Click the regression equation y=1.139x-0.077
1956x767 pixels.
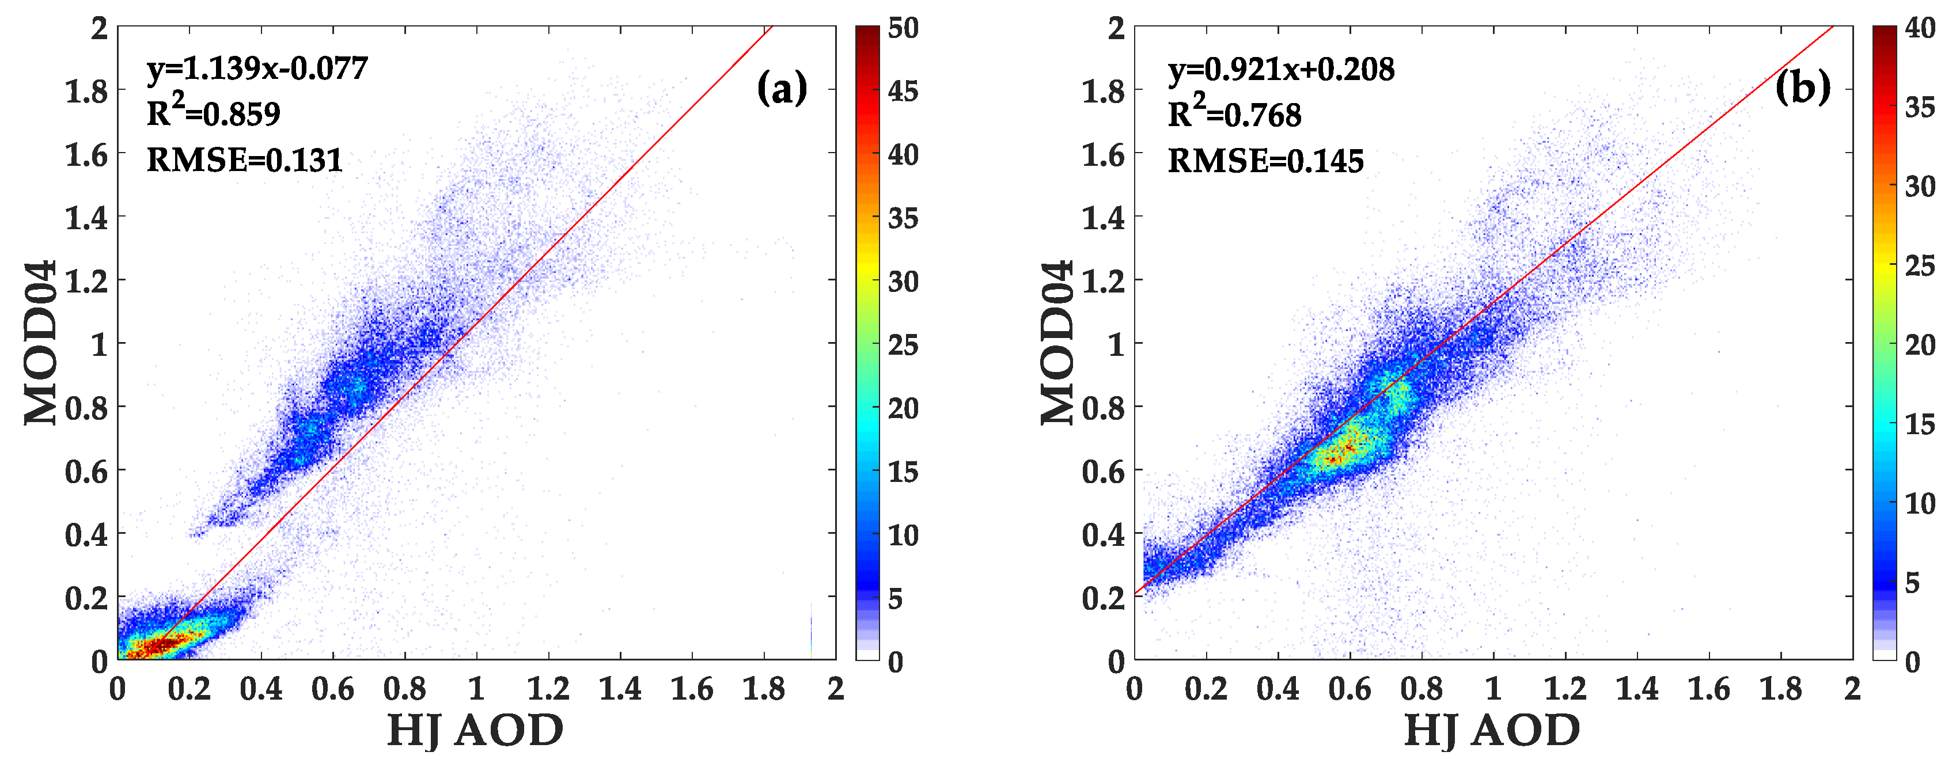tap(257, 69)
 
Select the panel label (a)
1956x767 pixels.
tap(782, 88)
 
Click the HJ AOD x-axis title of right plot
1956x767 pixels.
tap(1492, 731)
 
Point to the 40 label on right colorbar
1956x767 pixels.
tap(1920, 28)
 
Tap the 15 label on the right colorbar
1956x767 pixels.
tap(1920, 424)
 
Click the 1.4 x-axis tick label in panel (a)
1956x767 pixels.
tap(620, 689)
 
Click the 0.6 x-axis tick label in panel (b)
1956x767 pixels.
tap(1350, 689)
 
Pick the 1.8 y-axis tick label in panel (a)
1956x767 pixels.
tap(86, 91)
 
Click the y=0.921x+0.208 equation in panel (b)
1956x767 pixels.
tap(1281, 69)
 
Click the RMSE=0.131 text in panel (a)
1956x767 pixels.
tap(244, 160)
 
